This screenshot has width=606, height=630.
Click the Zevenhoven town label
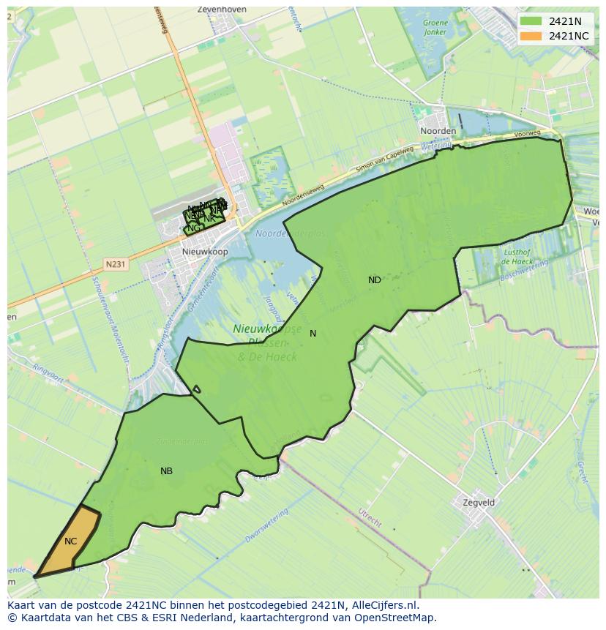(x=222, y=10)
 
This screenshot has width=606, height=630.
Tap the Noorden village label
(x=438, y=131)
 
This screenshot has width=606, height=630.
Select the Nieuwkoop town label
(x=204, y=252)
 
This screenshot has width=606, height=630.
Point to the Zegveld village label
(x=479, y=503)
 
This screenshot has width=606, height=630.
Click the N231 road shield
(x=115, y=264)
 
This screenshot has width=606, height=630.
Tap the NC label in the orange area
(x=70, y=541)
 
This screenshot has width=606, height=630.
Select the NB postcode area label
(x=166, y=471)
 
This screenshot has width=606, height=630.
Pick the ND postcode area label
(x=374, y=280)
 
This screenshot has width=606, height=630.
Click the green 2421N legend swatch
(x=531, y=22)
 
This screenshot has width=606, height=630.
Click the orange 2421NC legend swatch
(x=531, y=36)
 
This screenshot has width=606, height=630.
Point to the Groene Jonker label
(x=435, y=28)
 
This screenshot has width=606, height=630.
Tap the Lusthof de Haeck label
(x=517, y=256)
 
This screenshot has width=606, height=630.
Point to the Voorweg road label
(x=527, y=135)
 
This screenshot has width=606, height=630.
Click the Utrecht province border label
(x=370, y=517)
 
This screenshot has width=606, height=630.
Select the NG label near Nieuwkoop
(x=193, y=228)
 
